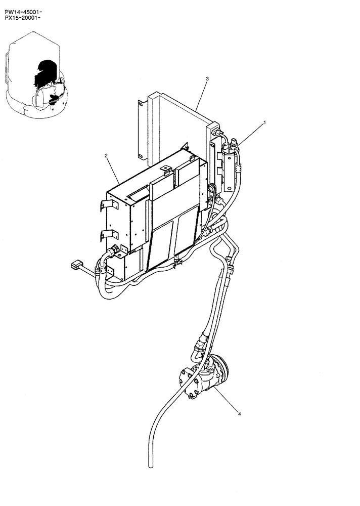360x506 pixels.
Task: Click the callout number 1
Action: [x=264, y=122]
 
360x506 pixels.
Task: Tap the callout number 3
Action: [x=207, y=78]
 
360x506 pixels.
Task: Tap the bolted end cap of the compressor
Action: [x=188, y=383]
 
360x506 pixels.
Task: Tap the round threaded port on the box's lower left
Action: [x=116, y=249]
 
